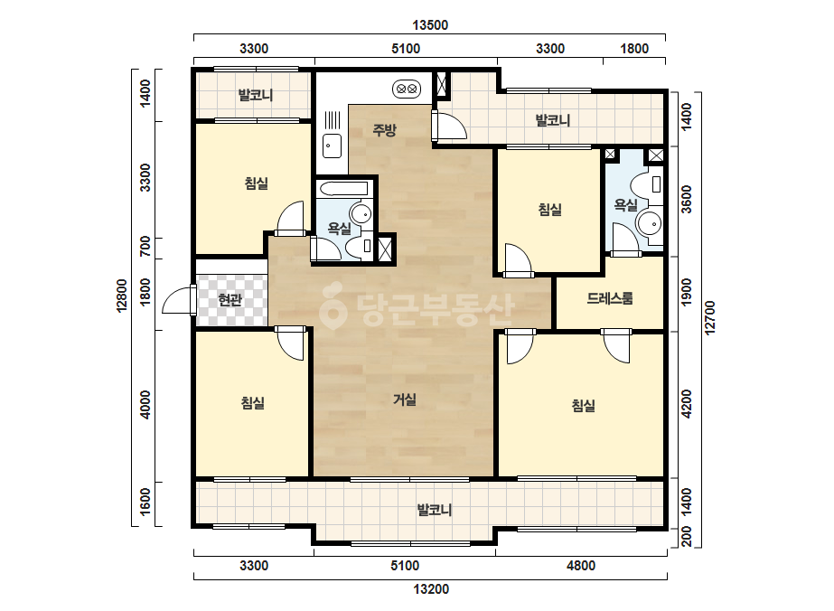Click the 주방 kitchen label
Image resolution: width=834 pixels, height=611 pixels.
click(384, 130)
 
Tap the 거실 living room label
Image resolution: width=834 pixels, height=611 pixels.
click(405, 399)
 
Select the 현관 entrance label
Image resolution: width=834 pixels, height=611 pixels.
click(230, 300)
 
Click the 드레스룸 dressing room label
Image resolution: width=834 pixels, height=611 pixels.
click(610, 298)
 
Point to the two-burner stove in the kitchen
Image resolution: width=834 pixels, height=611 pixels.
click(407, 89)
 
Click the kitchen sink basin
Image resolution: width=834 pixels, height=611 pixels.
click(333, 146)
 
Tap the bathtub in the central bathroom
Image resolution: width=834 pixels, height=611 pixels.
click(342, 189)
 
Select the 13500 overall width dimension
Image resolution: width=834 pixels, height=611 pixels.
click(430, 25)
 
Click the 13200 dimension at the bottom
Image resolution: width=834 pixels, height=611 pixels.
click(431, 589)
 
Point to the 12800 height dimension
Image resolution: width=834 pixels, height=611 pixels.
click(122, 296)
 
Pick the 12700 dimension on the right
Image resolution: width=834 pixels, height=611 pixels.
click(710, 318)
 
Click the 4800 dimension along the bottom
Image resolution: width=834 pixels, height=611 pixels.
click(581, 565)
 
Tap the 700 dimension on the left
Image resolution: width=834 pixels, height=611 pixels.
click(145, 247)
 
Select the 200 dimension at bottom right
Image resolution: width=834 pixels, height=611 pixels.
click(687, 537)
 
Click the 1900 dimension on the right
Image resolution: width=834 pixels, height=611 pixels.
click(687, 292)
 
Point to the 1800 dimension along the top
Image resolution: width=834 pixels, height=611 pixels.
click(634, 49)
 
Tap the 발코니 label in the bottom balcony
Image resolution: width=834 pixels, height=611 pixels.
click(435, 510)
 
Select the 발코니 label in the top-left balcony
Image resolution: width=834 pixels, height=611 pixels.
click(256, 95)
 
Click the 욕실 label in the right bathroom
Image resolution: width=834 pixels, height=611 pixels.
click(625, 204)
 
